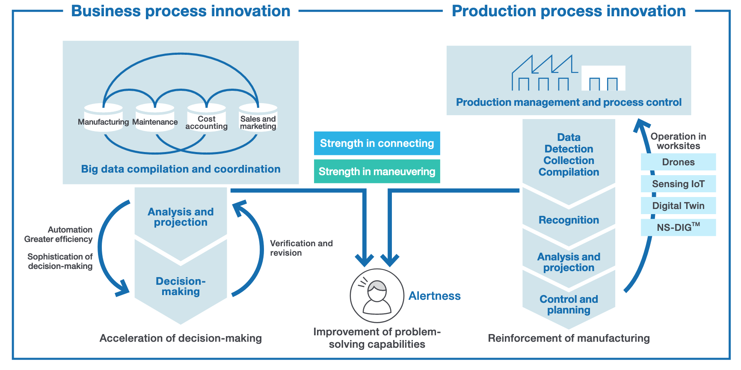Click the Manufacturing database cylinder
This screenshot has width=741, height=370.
(104, 118)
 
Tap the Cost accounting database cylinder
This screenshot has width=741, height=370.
(207, 118)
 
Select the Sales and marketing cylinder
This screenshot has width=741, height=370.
(258, 118)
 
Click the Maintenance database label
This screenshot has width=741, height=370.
(155, 122)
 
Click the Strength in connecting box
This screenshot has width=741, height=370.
(377, 143)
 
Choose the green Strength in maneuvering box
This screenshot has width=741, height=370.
(377, 171)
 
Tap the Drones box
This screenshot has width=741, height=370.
(678, 162)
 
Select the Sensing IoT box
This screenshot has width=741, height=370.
(678, 184)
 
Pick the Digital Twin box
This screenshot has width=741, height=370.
(678, 206)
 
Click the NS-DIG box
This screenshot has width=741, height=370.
(678, 227)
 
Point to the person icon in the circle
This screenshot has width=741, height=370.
(377, 295)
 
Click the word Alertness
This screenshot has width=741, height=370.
(434, 296)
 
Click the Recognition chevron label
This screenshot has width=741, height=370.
(569, 220)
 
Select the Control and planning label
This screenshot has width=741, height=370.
(569, 304)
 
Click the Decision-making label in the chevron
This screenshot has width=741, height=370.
(181, 286)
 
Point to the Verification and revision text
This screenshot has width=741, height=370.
(301, 248)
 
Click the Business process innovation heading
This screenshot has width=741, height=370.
(181, 11)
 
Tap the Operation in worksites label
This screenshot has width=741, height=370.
(678, 141)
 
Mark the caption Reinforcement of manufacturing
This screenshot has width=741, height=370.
(569, 338)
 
